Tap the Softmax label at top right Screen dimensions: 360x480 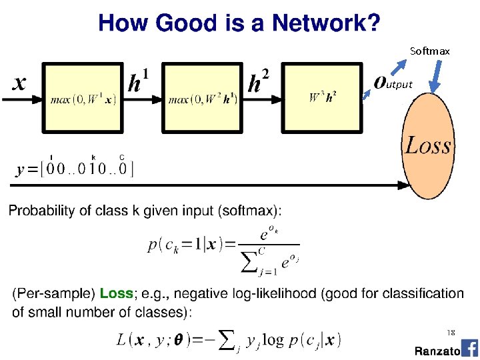(429, 51)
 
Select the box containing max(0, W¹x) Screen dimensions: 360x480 (83, 97)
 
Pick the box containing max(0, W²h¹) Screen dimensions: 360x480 (203, 97)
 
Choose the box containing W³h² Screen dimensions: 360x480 (323, 97)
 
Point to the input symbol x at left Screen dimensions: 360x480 (20, 83)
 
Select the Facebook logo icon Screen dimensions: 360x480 (469, 348)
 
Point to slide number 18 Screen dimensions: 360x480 (451, 332)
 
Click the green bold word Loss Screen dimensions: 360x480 (116, 294)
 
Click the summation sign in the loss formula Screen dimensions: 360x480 (227, 339)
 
